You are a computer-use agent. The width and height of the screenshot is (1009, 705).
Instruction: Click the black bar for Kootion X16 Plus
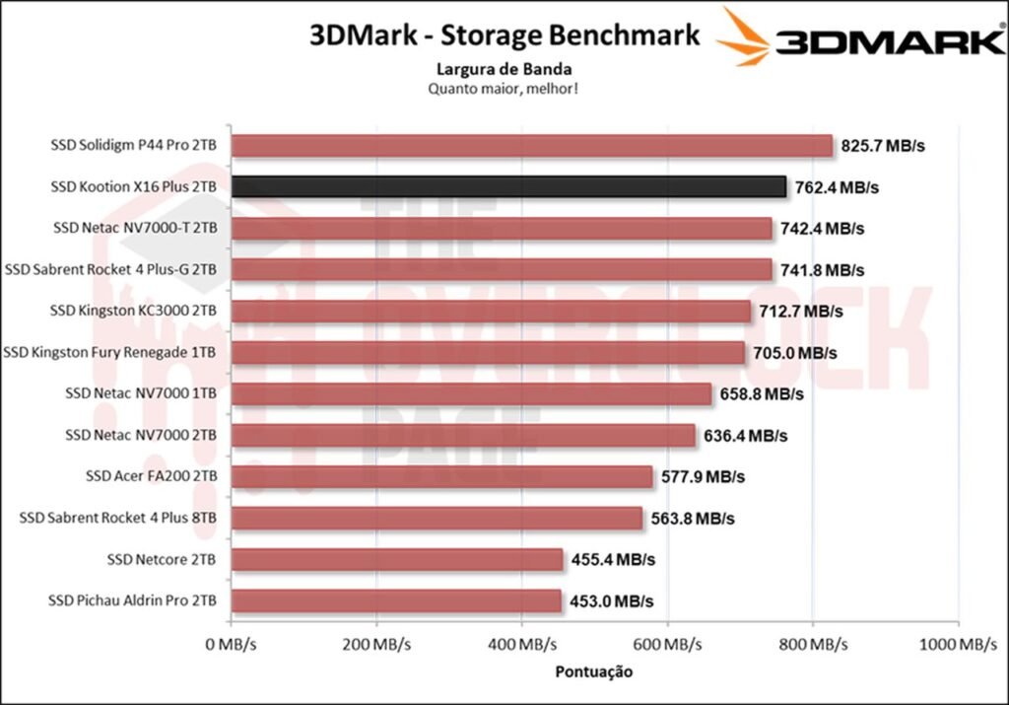pos(508,186)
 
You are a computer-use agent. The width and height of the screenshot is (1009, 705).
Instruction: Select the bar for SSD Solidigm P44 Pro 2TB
pos(532,146)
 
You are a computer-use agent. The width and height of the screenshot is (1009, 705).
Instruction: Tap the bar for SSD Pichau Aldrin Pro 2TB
pos(396,600)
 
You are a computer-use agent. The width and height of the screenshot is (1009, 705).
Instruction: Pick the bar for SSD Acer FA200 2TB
pos(441,476)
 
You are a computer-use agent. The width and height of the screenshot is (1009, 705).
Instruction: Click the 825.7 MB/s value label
pos(884,146)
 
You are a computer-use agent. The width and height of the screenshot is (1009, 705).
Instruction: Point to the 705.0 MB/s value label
pos(797,353)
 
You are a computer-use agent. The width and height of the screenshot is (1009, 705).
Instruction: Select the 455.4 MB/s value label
pos(612,559)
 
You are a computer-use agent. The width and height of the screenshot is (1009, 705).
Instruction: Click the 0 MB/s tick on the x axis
pos(231,645)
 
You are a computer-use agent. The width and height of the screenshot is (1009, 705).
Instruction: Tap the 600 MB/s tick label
pos(668,645)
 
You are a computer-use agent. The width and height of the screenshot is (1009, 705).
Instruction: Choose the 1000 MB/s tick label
pos(956,645)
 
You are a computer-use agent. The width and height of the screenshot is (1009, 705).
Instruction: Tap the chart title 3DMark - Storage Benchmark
pos(504,35)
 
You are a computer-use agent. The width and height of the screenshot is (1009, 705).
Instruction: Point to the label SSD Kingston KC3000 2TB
pos(133,311)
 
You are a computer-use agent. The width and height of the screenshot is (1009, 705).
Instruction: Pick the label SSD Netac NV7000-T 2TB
pos(135,228)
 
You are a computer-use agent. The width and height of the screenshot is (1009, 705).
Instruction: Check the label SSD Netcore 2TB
pos(162,559)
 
